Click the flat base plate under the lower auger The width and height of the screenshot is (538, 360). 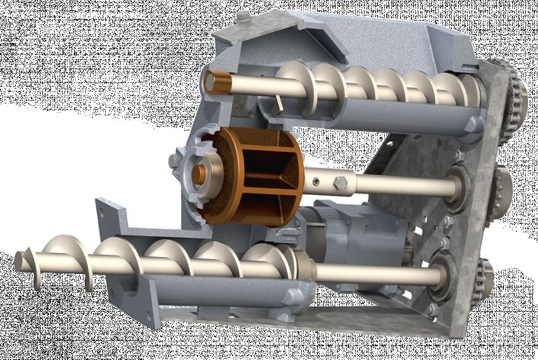[304, 316]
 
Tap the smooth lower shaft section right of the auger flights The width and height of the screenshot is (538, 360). [373, 273]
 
